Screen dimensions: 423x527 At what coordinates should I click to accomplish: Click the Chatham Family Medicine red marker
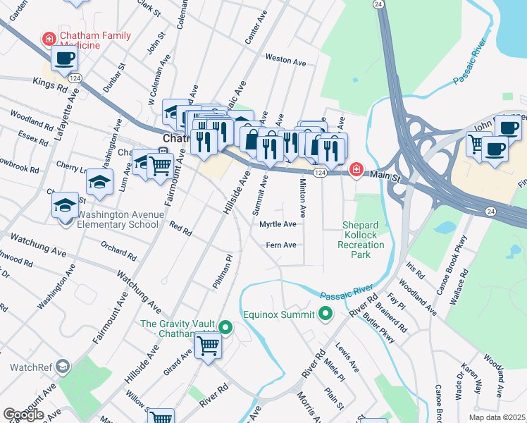[x=49, y=37]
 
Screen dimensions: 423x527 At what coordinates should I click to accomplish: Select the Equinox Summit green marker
[x=325, y=314]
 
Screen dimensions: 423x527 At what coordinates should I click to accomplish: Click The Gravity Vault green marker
[x=225, y=327]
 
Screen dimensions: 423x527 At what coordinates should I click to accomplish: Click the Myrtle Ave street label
[x=278, y=224]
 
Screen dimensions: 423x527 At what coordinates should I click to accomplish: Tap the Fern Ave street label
[x=280, y=245]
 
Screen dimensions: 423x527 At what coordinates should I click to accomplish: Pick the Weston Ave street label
[x=285, y=61]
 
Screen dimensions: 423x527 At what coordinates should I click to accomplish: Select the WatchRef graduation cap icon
[x=63, y=366]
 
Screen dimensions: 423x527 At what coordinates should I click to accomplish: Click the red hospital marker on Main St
[x=356, y=169]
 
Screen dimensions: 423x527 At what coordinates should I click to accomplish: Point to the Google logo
[x=23, y=415]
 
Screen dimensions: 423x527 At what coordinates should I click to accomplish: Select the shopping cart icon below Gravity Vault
[x=209, y=345]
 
